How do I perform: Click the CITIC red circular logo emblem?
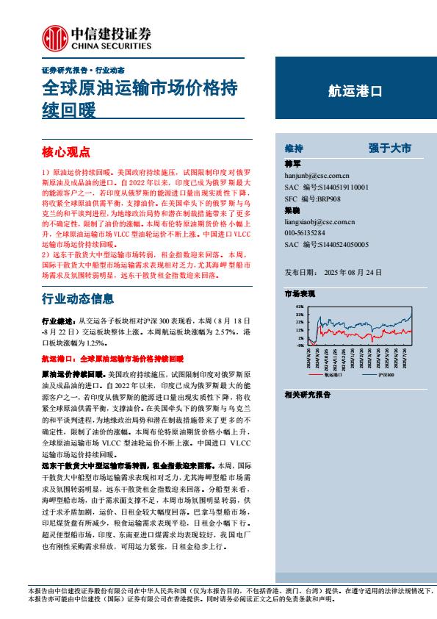coord(54,36)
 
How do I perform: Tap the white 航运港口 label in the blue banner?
coord(355,93)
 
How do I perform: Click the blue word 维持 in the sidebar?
coord(294,149)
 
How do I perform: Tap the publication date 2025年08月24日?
coord(365,271)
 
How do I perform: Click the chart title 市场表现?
coord(300,294)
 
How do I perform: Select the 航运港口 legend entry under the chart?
coord(337,374)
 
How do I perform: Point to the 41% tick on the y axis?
coord(300,306)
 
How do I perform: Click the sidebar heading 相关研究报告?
coord(307,395)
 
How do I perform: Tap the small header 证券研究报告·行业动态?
coord(82,69)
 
